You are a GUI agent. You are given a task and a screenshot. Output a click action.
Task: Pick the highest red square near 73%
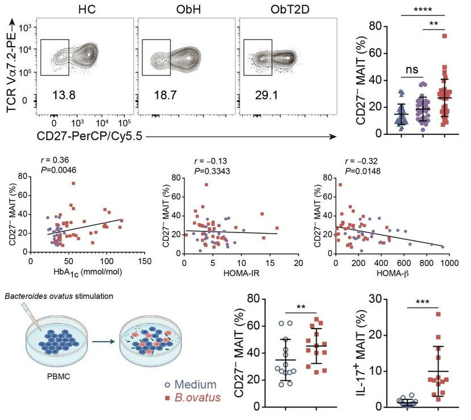(445, 36)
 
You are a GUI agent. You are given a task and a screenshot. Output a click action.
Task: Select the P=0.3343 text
(213, 170)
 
